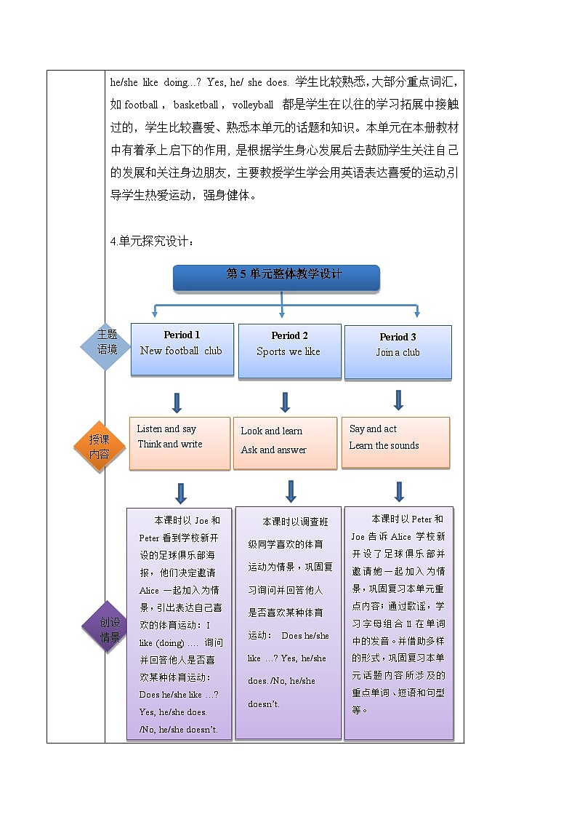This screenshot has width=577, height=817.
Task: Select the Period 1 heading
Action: coord(182,335)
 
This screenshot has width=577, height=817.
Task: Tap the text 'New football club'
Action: coord(181,351)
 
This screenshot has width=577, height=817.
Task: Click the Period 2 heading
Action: coord(289,335)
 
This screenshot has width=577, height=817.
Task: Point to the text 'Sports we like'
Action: coord(288,352)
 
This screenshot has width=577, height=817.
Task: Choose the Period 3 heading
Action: coord(398,337)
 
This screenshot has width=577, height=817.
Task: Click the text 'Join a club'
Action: coord(398,353)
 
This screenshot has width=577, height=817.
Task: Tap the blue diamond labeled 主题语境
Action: coord(107,342)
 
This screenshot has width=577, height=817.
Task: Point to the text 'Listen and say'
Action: coord(166,429)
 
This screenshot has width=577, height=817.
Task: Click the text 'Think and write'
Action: coord(170,445)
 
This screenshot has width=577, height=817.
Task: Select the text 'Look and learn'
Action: coord(271,431)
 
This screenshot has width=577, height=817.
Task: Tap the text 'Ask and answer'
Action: coord(273,450)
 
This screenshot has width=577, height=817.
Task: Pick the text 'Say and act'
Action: coord(373,429)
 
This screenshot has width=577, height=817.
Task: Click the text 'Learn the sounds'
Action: coord(384,446)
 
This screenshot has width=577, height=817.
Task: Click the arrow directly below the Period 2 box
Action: coord(285,402)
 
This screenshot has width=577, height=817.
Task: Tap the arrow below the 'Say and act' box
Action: coord(399,491)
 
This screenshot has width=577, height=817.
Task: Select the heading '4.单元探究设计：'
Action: coord(153,242)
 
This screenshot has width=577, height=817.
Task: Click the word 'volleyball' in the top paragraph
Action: coord(253,105)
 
